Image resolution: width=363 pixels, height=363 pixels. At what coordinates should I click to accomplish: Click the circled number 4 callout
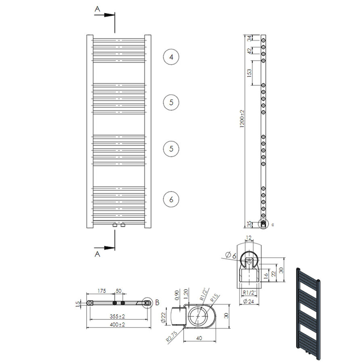point(171,57)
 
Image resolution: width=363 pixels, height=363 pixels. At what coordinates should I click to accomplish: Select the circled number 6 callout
point(171,199)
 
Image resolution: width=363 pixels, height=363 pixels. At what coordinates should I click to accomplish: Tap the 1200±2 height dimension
point(242,119)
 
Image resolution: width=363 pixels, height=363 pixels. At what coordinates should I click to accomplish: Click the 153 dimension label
point(249,73)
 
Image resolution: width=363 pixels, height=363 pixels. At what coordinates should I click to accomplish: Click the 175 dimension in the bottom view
point(101,291)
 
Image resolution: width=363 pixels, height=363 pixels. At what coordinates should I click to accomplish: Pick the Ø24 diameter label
point(249,301)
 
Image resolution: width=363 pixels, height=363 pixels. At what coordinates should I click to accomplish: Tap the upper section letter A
point(97,8)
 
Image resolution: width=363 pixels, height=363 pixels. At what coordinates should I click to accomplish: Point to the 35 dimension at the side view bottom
point(249,223)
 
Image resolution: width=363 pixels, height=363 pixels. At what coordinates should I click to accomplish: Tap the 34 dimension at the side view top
point(249,38)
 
